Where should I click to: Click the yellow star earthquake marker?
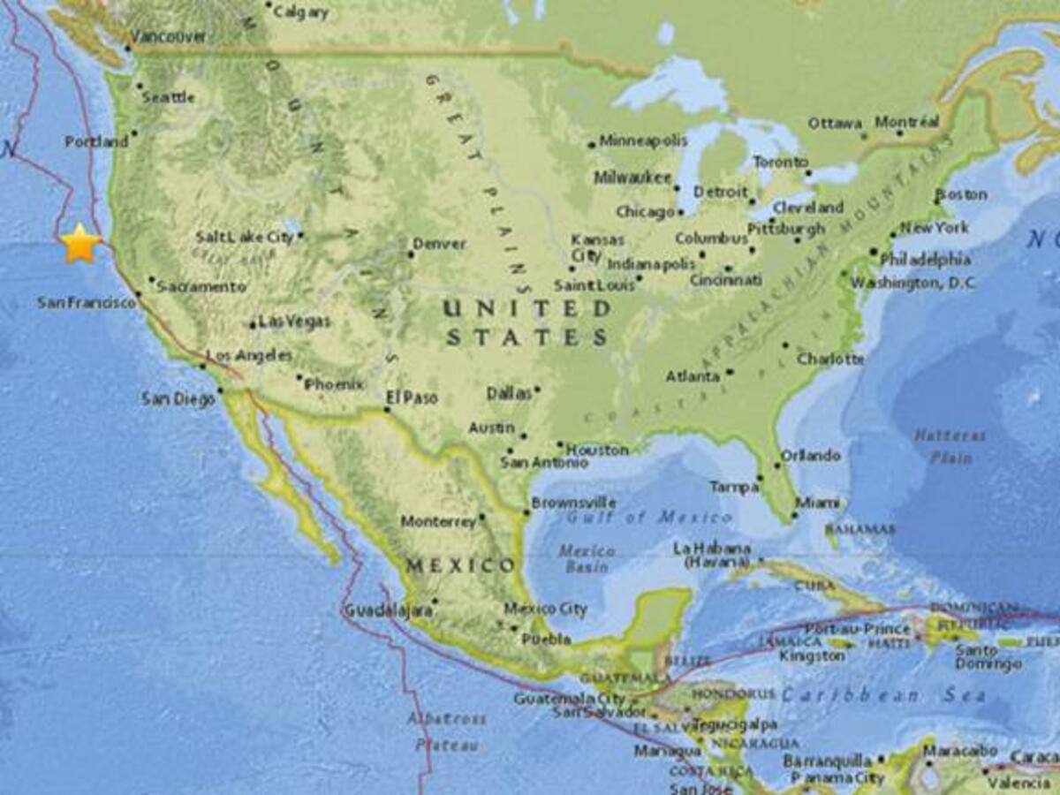pos(80,243)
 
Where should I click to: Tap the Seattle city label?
pos(169,97)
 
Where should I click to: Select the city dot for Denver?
pos(411,254)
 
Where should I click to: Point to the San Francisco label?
pos(87,302)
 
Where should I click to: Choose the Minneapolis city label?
pos(643,140)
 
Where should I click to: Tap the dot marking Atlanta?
pos(730,373)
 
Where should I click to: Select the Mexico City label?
pos(546,608)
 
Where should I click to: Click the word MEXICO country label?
pos(459,564)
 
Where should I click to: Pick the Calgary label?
pos(300,12)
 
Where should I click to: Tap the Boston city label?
pos(961,193)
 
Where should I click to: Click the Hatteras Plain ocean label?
pos(950,446)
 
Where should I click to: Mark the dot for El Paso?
pos(387,409)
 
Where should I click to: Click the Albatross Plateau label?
pos(446,731)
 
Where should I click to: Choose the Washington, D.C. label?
pos(913,283)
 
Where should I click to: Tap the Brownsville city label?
pos(574,503)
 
